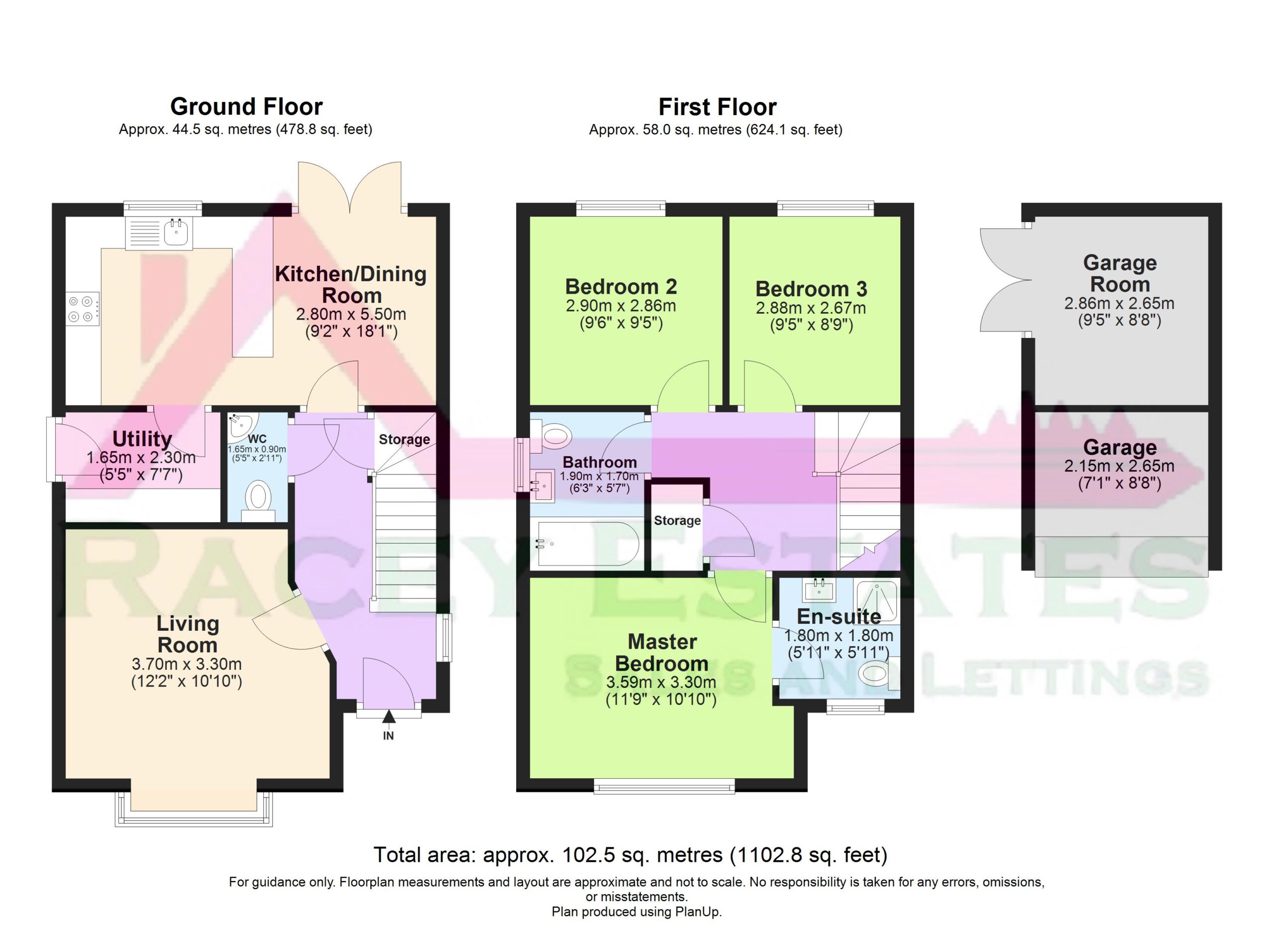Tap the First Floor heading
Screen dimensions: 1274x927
717,106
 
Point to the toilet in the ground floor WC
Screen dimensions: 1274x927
258,500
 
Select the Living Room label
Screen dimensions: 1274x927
187,634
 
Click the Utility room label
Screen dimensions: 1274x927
142,439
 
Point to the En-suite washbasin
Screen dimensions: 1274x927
820,590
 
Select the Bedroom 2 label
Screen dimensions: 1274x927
621,287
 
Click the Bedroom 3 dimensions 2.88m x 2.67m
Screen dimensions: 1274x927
811,308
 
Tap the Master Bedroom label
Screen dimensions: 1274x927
662,652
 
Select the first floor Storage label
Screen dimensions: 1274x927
677,520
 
